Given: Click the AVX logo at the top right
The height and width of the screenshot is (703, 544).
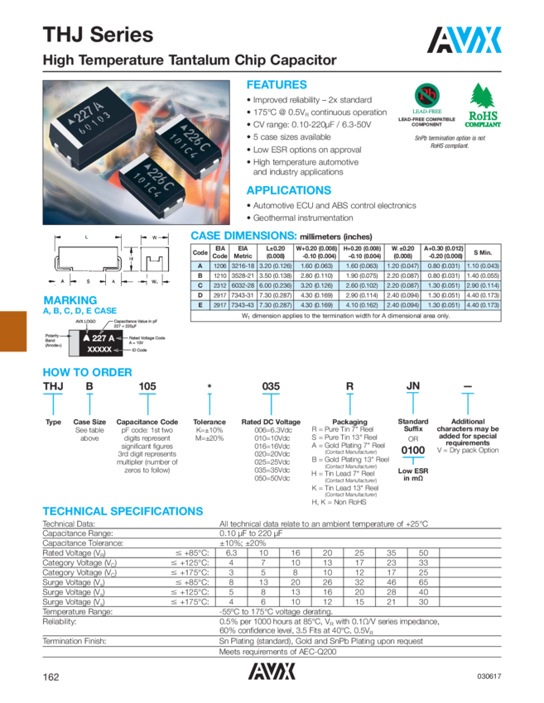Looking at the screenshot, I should click(466, 38).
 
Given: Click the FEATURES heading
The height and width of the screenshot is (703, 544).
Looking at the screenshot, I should click(277, 85).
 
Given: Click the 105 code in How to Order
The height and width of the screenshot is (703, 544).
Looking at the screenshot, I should click(147, 386).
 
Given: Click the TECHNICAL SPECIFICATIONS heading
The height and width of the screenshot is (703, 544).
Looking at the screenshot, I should click(122, 511).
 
